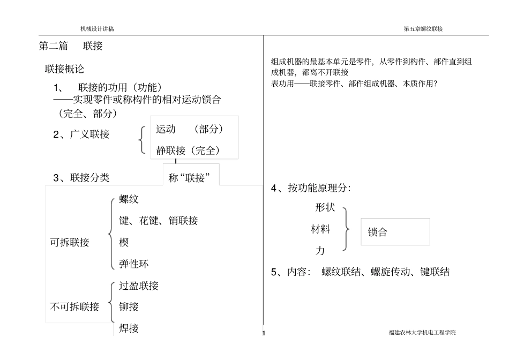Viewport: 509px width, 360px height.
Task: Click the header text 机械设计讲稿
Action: pyautogui.click(x=97, y=29)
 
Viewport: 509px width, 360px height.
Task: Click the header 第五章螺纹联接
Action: pyautogui.click(x=423, y=29)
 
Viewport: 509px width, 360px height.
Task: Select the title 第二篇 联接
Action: pyautogui.click(x=71, y=46)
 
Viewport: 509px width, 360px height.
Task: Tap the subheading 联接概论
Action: pyautogui.click(x=64, y=69)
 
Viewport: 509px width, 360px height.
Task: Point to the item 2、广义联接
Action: pyautogui.click(x=81, y=134)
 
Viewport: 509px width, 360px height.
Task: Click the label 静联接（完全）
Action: pyautogui.click(x=188, y=151)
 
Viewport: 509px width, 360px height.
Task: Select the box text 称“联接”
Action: pyautogui.click(x=189, y=177)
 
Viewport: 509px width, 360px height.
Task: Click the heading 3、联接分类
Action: pyautogui.click(x=81, y=177)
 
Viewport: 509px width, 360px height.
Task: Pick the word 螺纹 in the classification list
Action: pyautogui.click(x=129, y=199)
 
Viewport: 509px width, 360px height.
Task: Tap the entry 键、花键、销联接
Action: pyautogui.click(x=159, y=221)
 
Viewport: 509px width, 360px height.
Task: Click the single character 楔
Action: pyautogui.click(x=124, y=242)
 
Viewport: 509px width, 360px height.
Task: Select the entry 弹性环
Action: pyautogui.click(x=134, y=264)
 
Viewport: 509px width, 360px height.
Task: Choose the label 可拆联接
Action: pyautogui.click(x=70, y=242)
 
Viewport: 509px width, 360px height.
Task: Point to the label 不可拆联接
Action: pyautogui.click(x=74, y=306)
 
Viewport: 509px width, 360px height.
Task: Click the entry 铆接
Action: pyautogui.click(x=129, y=306)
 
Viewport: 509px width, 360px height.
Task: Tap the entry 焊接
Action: pyautogui.click(x=129, y=328)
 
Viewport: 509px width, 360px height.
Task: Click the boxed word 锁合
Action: pyautogui.click(x=378, y=232)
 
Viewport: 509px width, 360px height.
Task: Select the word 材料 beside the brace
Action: pyautogui.click(x=320, y=229)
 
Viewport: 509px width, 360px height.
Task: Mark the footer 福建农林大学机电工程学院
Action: pyautogui.click(x=422, y=332)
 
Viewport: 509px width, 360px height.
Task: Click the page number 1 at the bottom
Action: pyautogui.click(x=264, y=333)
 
